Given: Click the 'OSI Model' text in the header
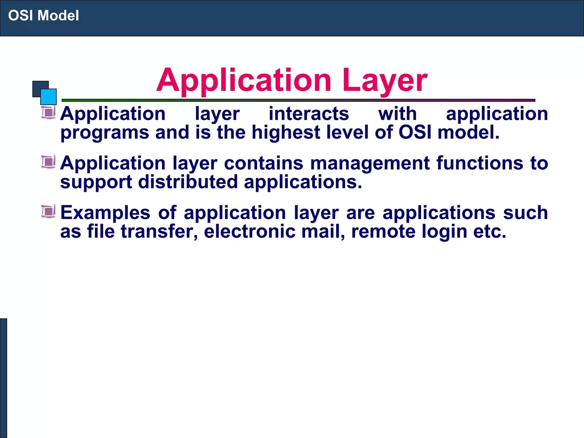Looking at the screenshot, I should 43,15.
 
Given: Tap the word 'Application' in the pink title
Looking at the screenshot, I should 244,80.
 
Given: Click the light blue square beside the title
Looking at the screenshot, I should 49,97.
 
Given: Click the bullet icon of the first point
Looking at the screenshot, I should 48,112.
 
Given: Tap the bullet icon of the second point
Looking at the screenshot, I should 48,162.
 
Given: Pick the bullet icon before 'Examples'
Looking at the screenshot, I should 48,211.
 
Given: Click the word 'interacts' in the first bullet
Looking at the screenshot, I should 309,113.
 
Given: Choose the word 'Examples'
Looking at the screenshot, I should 105,213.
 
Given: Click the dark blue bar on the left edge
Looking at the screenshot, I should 3,378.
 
